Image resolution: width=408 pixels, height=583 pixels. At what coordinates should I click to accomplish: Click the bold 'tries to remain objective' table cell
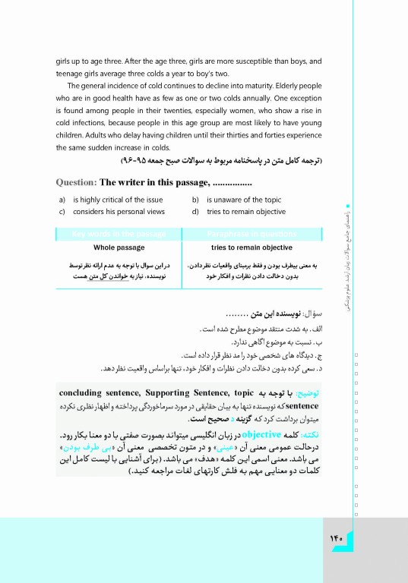[251, 248]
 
